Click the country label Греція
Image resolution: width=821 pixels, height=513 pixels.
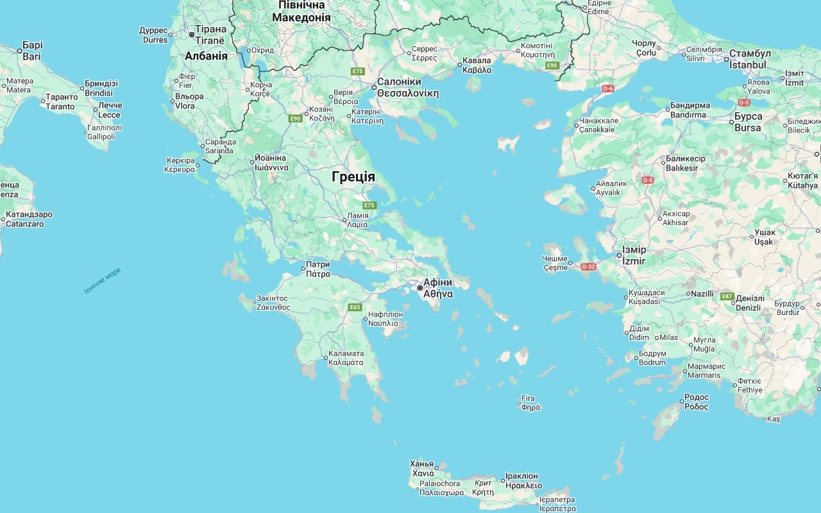click(x=353, y=177)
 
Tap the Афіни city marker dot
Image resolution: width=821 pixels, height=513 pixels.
click(x=420, y=288)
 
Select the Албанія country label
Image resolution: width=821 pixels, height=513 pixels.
click(x=206, y=56)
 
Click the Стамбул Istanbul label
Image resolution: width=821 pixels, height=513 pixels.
click(x=750, y=59)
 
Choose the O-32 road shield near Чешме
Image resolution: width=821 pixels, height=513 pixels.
click(x=588, y=266)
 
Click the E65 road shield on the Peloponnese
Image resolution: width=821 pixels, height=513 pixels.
click(x=355, y=307)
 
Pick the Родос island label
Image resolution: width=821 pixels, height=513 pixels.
click(x=697, y=402)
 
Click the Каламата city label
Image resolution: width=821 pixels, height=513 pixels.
click(x=346, y=358)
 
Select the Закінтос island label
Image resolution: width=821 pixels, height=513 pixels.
click(x=273, y=303)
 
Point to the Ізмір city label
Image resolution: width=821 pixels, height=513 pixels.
click(x=634, y=255)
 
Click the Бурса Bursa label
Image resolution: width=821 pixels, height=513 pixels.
click(x=748, y=122)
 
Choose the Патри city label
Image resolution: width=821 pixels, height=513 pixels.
click(x=318, y=269)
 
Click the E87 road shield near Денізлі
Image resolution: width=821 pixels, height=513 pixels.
click(x=727, y=296)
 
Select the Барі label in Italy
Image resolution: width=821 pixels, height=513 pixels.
click(x=32, y=51)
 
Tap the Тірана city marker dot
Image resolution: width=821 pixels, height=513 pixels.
click(x=191, y=35)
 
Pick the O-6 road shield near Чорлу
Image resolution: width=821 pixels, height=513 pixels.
click(x=607, y=88)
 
